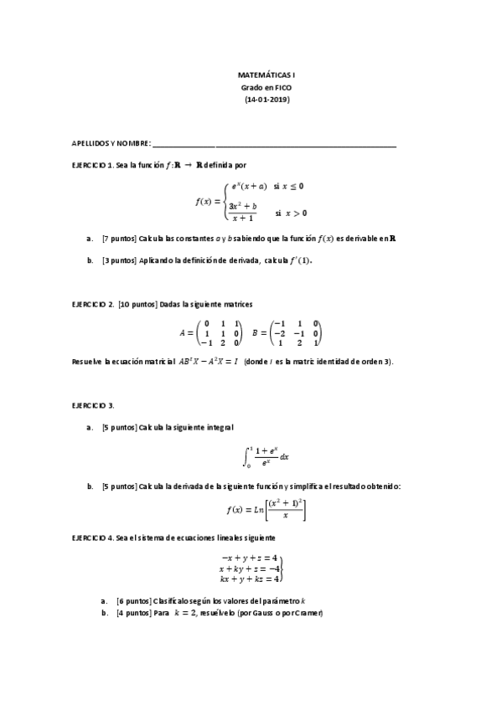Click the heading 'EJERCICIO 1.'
tap(92, 166)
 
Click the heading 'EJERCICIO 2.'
tap(93, 303)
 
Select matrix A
tap(221, 332)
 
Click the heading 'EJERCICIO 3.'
tap(93, 405)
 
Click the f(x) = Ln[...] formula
tap(266, 510)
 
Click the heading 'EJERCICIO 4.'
tap(93, 537)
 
